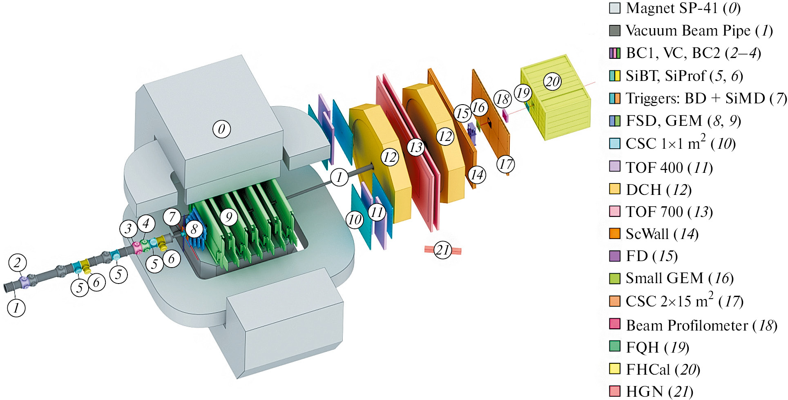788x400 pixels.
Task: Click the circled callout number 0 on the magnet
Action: coord(221,129)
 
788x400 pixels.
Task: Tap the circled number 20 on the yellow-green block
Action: coord(553,81)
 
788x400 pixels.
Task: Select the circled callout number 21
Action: coord(443,250)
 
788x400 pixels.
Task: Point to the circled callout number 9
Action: coord(229,217)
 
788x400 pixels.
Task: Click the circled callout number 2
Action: coord(17,263)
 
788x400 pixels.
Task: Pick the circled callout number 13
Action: coord(416,147)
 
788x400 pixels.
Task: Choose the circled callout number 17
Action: coord(506,164)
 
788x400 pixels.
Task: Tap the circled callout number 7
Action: coord(172,217)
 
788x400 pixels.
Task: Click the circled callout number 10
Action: coord(355,220)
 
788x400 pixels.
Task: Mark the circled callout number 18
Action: coord(502,99)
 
